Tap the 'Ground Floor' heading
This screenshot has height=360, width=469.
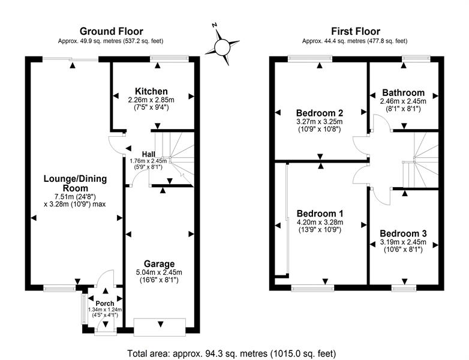pyautogui.click(x=112, y=31)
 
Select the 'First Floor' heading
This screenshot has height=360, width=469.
pyautogui.click(x=355, y=31)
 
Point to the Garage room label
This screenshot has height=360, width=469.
pyautogui.click(x=159, y=263)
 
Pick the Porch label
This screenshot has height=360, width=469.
pyautogui.click(x=105, y=303)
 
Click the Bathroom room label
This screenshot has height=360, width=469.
pyautogui.click(x=403, y=93)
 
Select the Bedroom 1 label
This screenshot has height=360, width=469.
pyautogui.click(x=320, y=213)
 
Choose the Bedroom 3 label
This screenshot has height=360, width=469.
pyautogui.click(x=403, y=233)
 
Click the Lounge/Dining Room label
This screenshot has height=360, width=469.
pyautogui.click(x=73, y=183)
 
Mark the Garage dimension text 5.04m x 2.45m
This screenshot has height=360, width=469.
pyautogui.click(x=159, y=272)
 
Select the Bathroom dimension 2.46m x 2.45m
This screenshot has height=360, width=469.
pyautogui.click(x=403, y=101)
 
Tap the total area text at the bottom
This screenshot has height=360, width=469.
pyautogui.click(x=232, y=353)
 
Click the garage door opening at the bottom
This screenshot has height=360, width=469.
pyautogui.click(x=160, y=326)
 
